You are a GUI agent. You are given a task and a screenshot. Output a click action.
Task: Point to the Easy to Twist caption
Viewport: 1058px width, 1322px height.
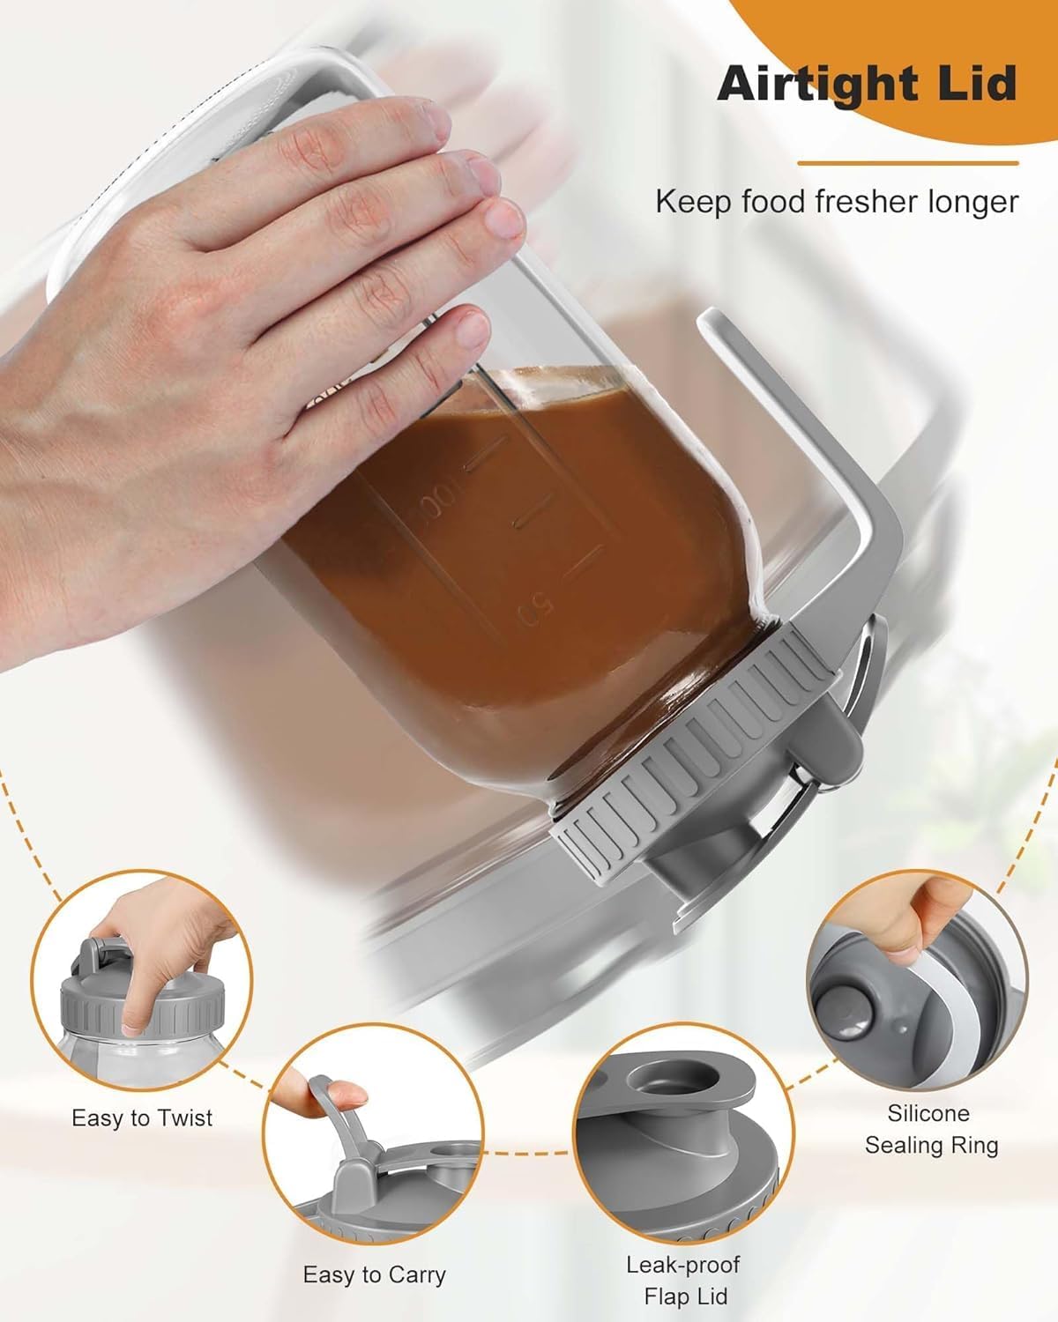[x=142, y=1118]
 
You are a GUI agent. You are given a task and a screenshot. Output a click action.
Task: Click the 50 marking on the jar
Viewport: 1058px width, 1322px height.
[x=536, y=608]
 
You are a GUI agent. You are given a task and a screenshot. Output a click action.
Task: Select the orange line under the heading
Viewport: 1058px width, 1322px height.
[x=908, y=163]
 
